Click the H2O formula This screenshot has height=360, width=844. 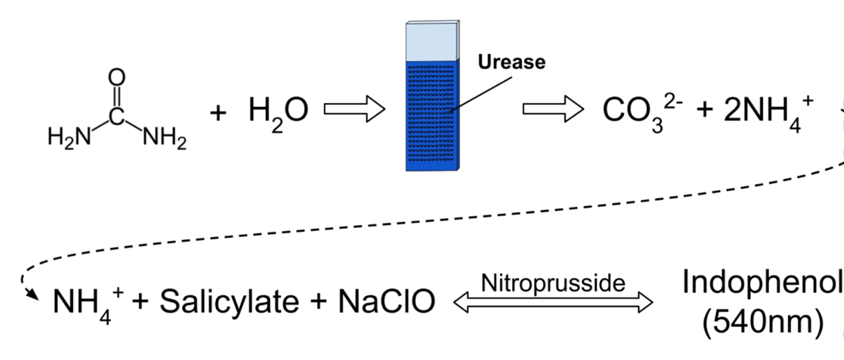tap(278, 110)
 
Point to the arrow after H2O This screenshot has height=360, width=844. tap(354, 110)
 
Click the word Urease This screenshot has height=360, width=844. tap(511, 62)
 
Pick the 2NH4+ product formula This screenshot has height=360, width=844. tap(769, 110)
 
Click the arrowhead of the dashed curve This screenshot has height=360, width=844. tap(28, 292)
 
